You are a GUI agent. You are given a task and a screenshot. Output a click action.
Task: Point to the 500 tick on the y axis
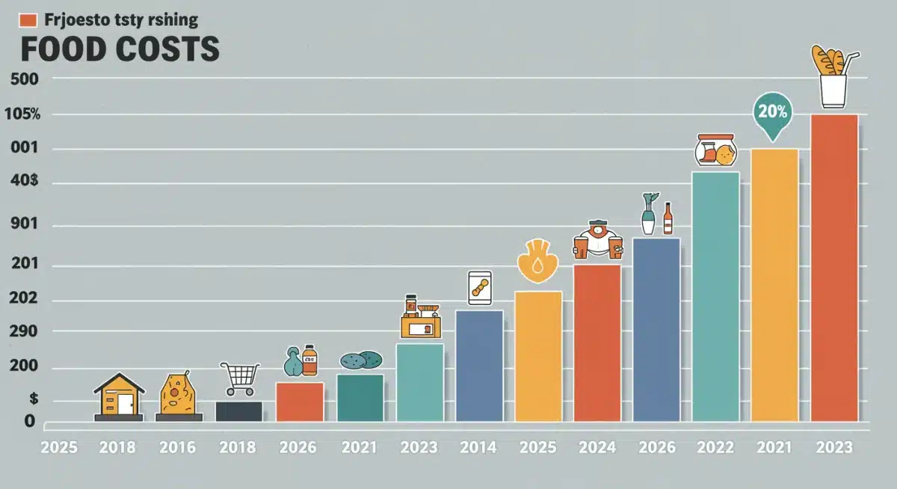click(25, 80)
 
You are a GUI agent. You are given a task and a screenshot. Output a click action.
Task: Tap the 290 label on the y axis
click(25, 331)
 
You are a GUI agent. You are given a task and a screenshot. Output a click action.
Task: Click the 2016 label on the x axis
click(179, 448)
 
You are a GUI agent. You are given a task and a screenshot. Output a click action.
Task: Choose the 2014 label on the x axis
click(478, 448)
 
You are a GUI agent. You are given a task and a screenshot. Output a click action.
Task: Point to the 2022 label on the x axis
click(716, 448)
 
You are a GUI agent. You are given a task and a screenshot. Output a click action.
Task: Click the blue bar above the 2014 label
click(479, 366)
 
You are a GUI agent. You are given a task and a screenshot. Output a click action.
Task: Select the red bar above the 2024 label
click(597, 344)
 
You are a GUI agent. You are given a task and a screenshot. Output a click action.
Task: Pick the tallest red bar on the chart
click(834, 269)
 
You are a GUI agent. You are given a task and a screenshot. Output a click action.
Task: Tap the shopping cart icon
click(240, 378)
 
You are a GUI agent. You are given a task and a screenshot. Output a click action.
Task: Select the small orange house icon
click(119, 397)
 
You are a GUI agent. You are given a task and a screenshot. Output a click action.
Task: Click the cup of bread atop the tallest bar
click(832, 77)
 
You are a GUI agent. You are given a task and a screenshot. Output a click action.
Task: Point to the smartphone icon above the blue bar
click(478, 288)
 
